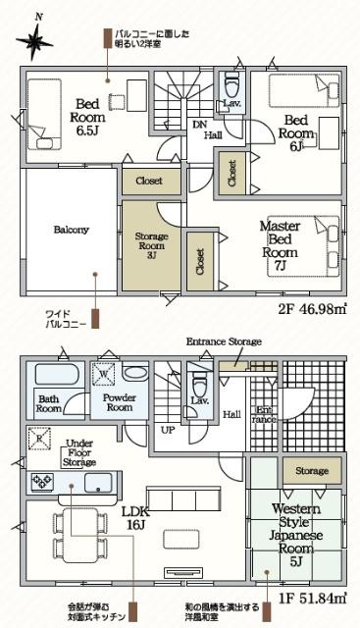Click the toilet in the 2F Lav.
[x=232, y=81]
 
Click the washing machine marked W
[x=105, y=374]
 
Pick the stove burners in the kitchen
[x=45, y=482]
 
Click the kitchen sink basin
[x=100, y=483]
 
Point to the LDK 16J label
[x=135, y=517]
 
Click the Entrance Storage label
[x=224, y=340]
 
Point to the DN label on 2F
[x=198, y=125]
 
